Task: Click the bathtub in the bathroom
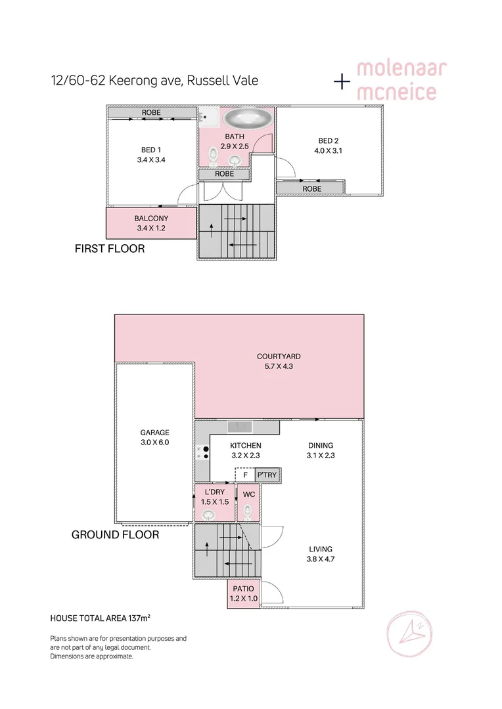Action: [248, 119]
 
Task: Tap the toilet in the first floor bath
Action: [213, 156]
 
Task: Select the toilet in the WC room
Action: [248, 510]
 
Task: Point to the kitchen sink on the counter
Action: [240, 427]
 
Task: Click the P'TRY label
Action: [267, 475]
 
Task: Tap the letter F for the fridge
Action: [245, 475]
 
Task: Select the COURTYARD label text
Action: [279, 356]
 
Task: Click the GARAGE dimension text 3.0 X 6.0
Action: [154, 442]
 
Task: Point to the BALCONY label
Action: [151, 219]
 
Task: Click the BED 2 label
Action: [329, 140]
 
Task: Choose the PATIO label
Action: [244, 588]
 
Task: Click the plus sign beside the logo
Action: [342, 81]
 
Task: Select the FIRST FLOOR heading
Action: [110, 249]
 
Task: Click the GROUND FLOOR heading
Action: [115, 535]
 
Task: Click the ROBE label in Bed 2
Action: [311, 188]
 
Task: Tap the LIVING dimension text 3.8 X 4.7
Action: [321, 559]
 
